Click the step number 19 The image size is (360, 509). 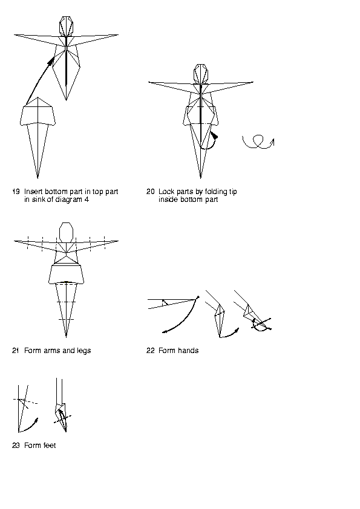(x=16, y=192)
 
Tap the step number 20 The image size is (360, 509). (x=151, y=192)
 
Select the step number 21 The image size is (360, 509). (x=16, y=351)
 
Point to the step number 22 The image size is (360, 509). (x=151, y=351)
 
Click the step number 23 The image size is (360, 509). (x=16, y=446)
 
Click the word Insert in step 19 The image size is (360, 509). (x=33, y=192)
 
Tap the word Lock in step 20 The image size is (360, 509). (x=165, y=192)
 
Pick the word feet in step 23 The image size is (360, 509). (x=49, y=446)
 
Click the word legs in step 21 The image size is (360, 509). (x=84, y=351)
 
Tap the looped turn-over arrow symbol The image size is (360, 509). (x=258, y=142)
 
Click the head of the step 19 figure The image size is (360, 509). (x=67, y=25)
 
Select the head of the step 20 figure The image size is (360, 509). (x=200, y=73)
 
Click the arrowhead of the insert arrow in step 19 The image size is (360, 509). (x=51, y=60)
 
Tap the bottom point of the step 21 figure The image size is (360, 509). (x=66, y=337)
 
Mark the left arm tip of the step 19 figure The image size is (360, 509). (x=14, y=34)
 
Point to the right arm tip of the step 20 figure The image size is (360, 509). (x=253, y=82)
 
